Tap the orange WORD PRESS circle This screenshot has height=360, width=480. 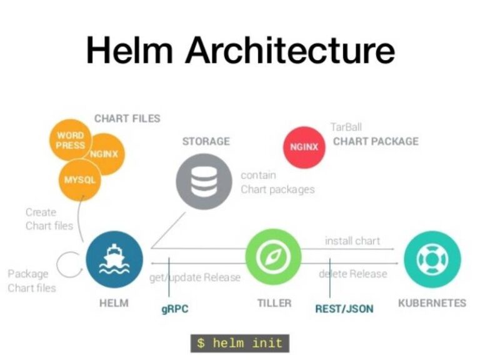coord(71,140)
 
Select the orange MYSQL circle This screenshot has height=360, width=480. coord(80,180)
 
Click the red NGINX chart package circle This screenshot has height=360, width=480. coord(304,147)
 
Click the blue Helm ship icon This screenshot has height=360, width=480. coord(114,259)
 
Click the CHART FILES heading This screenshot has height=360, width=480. coord(127,119)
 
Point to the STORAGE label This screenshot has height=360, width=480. coord(206,142)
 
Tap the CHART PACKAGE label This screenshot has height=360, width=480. coord(376,141)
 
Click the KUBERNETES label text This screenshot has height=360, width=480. coord(432,303)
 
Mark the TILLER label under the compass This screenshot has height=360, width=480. coord(274,303)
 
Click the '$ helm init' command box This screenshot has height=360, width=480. coord(240,343)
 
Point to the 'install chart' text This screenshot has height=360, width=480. coord(352,241)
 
